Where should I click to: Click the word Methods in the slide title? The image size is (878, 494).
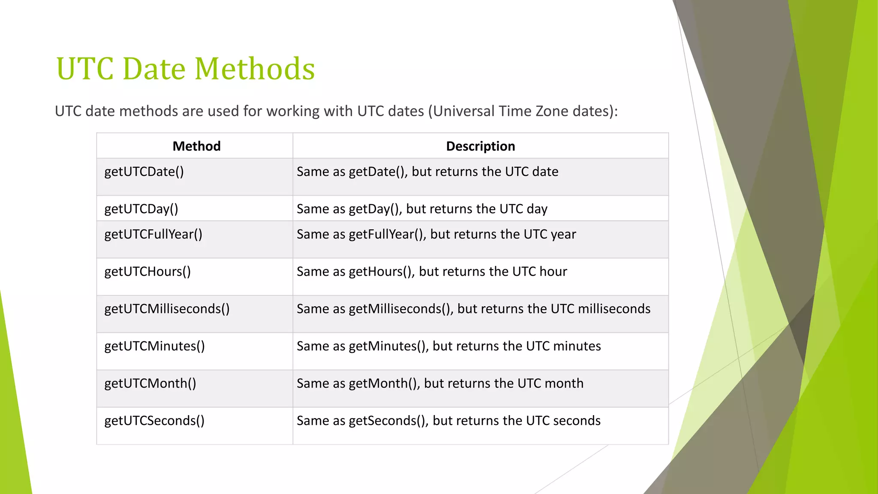coord(255,69)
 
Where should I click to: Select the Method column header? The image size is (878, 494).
coord(196,146)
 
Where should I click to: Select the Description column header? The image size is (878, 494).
coord(480,146)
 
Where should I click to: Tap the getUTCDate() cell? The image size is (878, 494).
coord(144,172)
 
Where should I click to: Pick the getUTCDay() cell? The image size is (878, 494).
coord(141,209)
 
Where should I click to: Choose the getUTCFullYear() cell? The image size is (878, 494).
coord(153,234)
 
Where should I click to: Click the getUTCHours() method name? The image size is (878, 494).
coord(147,271)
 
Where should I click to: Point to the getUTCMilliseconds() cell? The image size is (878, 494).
coord(167,309)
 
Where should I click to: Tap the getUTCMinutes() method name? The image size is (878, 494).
coord(154,346)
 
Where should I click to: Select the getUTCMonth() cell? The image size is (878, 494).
coord(150,383)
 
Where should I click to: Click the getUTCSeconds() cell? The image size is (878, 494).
coord(154,421)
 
